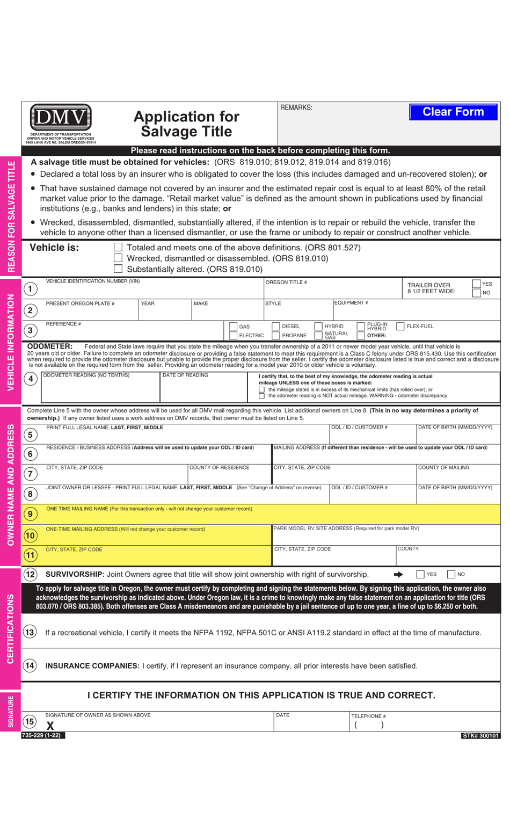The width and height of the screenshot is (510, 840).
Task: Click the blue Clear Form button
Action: [453, 112]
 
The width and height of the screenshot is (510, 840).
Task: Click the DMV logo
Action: [61, 117]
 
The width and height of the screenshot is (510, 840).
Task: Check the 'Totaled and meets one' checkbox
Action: [118, 248]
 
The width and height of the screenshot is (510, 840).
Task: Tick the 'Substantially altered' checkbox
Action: [118, 269]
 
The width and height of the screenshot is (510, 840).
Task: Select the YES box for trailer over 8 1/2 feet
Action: [476, 284]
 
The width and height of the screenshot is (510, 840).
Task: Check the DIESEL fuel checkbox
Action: [276, 327]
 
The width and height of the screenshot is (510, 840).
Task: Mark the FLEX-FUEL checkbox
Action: [400, 327]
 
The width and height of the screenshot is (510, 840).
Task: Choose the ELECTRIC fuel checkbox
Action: [233, 336]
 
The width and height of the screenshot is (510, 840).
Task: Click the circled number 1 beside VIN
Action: [31, 289]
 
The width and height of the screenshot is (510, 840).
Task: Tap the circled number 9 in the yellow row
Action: [31, 514]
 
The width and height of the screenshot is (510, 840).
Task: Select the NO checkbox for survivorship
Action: [451, 574]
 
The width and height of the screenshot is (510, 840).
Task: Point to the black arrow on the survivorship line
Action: [398, 574]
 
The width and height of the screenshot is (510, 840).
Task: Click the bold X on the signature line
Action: [50, 726]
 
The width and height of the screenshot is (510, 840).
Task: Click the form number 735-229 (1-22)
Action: [43, 735]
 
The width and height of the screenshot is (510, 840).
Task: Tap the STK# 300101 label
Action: [480, 736]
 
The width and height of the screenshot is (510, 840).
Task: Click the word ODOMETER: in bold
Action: [49, 346]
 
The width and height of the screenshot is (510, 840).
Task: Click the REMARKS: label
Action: [296, 108]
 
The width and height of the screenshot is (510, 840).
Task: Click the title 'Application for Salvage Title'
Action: [186, 124]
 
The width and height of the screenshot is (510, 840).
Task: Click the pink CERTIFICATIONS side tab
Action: [10, 628]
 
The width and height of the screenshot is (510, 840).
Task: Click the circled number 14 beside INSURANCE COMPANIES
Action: [30, 666]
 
